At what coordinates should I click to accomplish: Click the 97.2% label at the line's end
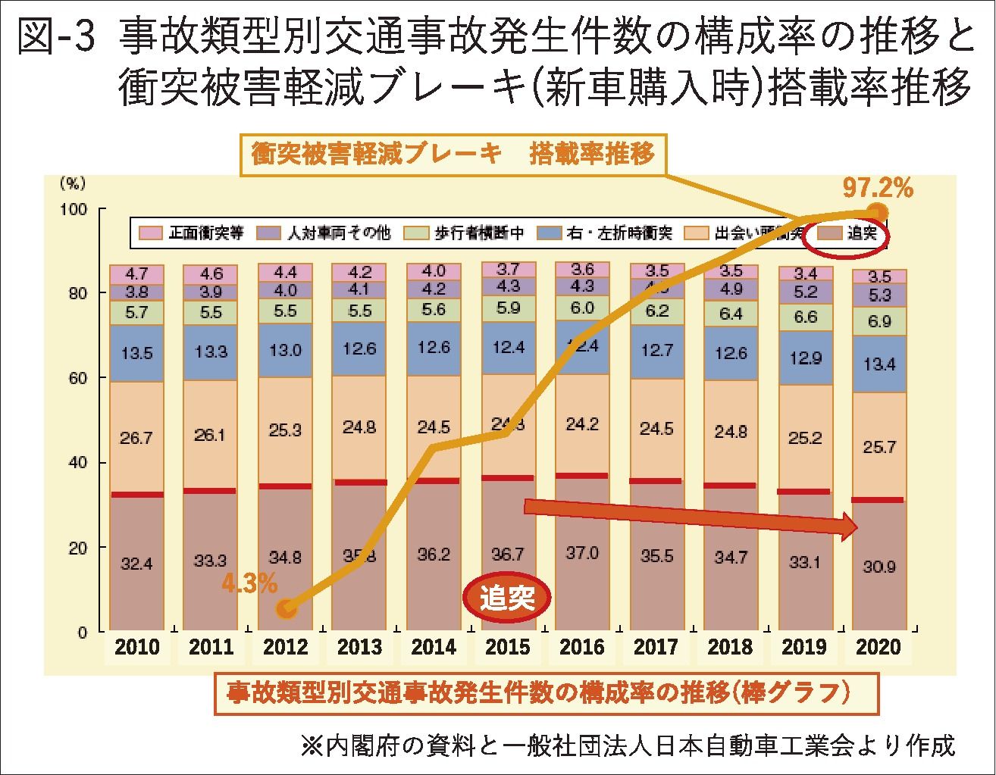(878, 188)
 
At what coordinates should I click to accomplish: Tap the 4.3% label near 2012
(249, 584)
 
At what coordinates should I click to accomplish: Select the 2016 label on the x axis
(582, 647)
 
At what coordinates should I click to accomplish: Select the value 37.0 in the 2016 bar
(582, 554)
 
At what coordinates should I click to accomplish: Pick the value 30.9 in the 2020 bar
(879, 566)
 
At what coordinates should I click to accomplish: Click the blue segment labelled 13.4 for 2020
(879, 364)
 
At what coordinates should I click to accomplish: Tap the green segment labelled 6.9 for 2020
(879, 321)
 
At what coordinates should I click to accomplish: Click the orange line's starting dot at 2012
(286, 608)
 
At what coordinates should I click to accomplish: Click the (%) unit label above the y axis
(74, 183)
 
